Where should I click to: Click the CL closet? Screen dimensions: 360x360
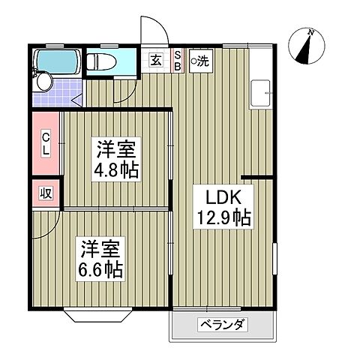pos(46,143)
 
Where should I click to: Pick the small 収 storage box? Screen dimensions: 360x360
pos(44,193)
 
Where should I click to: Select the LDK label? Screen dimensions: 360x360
pos(220,198)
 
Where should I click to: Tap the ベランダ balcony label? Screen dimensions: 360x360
pos(223,325)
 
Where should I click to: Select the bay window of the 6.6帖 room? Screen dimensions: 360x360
pos(97,313)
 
